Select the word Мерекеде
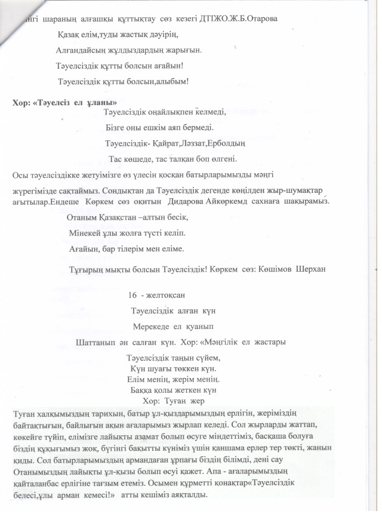point(153,326)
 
